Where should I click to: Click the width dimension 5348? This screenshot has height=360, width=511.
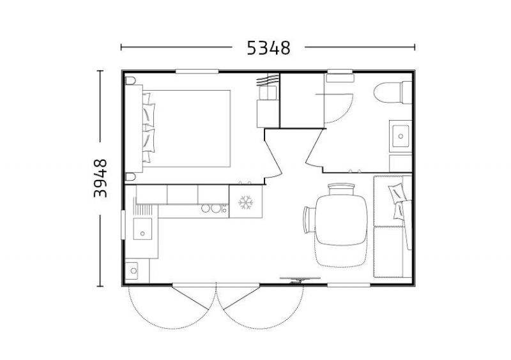point(268,48)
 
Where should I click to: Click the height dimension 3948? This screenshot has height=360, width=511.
point(100,178)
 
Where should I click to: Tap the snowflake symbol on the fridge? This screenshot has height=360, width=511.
point(246,202)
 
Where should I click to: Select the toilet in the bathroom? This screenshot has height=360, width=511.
point(393,92)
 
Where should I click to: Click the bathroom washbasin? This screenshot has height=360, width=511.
point(400,136)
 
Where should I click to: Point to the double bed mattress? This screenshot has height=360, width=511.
point(187,129)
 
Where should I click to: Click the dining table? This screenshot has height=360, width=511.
point(341,220)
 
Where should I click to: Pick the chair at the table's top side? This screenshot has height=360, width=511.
point(341,190)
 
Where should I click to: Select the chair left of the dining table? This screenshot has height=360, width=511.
point(309,220)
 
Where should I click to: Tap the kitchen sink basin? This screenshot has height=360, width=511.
point(142,229)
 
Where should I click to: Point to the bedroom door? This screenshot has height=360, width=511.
point(273,153)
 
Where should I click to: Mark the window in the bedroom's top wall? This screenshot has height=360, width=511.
point(197,71)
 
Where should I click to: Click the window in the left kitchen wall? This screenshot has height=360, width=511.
point(123,225)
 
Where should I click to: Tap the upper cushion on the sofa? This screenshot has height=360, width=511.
point(397,193)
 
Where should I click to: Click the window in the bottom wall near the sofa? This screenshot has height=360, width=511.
point(348,285)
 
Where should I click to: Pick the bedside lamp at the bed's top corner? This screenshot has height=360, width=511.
point(130,81)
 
